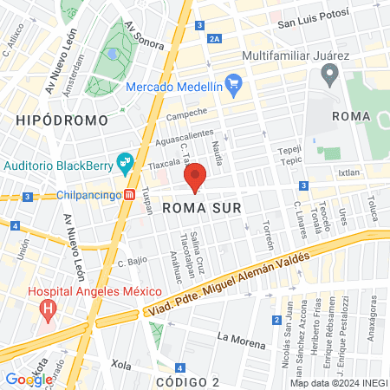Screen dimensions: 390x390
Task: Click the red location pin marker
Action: [195, 176]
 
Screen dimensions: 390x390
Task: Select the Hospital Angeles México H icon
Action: [49, 307]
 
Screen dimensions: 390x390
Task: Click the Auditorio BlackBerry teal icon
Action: [125, 161]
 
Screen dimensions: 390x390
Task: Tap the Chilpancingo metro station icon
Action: [129, 195]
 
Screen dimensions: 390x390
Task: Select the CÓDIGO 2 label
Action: [188, 381]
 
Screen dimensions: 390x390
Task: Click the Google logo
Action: [29, 379]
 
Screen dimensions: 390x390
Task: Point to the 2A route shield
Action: [215, 39]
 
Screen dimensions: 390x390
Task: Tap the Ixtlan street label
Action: [348, 172]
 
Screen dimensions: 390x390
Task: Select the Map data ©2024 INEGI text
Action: [337, 382]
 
